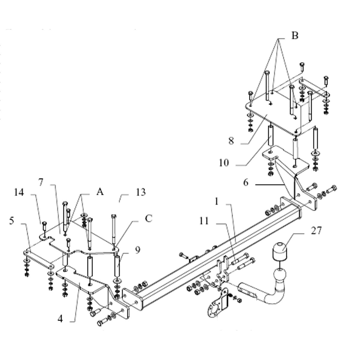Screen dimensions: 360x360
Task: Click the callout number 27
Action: pyautogui.click(x=316, y=230)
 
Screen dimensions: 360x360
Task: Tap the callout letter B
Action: pyautogui.click(x=295, y=35)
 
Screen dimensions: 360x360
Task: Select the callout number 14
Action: pyautogui.click(x=19, y=192)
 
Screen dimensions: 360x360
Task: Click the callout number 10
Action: pyautogui.click(x=224, y=163)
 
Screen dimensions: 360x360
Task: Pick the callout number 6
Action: pyautogui.click(x=246, y=182)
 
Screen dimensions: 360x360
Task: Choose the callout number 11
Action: pyautogui.click(x=204, y=221)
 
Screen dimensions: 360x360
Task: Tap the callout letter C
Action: pyautogui.click(x=148, y=218)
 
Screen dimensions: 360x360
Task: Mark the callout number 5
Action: pyautogui.click(x=12, y=221)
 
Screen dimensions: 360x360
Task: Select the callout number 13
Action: pyautogui.click(x=141, y=192)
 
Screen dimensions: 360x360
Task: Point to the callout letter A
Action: pyautogui.click(x=100, y=192)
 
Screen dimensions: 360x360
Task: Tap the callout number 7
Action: pyautogui.click(x=41, y=182)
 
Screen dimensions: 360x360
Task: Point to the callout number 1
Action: pyautogui.click(x=217, y=202)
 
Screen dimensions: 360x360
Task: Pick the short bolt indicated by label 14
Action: pyautogui.click(x=44, y=226)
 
